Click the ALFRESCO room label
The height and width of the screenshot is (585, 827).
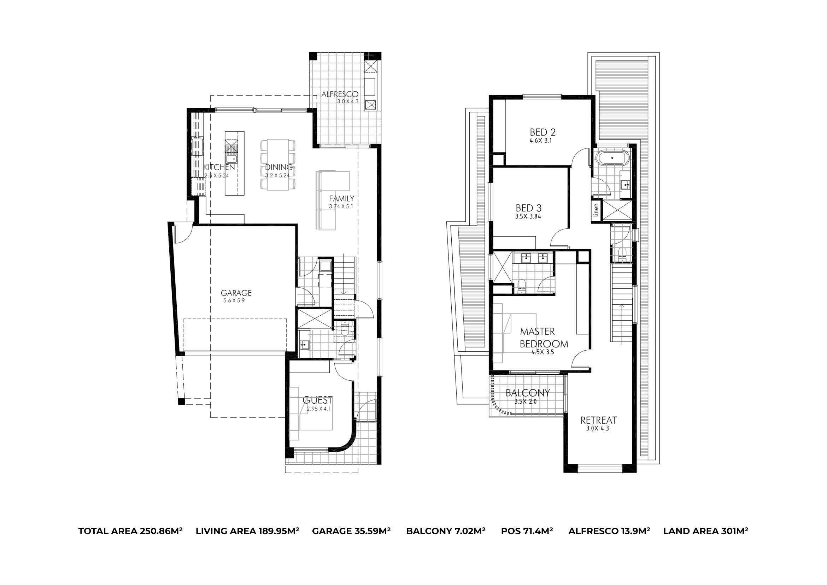pos(340,94)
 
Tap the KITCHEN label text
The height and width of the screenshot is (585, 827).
pos(219,167)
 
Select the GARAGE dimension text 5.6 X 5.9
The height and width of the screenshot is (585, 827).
pos(234,300)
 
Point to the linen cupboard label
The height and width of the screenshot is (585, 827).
pos(596,210)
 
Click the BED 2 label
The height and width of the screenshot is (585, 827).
pos(542,132)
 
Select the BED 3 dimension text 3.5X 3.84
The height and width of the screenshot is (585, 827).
pos(528,217)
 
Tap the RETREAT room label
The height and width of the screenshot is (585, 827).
pos(599,420)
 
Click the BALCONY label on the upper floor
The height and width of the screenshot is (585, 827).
pos(528,393)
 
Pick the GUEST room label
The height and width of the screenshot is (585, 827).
pos(317,400)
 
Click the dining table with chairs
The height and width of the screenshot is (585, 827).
pos(278,165)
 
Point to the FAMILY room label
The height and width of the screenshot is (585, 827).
pos(341,199)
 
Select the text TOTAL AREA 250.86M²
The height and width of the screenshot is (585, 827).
pos(130,531)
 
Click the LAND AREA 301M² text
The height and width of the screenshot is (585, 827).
pos(706,531)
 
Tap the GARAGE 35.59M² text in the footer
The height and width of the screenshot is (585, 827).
pos(351,531)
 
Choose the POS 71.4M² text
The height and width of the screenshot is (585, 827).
pos(527,531)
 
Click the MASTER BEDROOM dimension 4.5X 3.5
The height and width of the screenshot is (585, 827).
pos(542,352)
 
